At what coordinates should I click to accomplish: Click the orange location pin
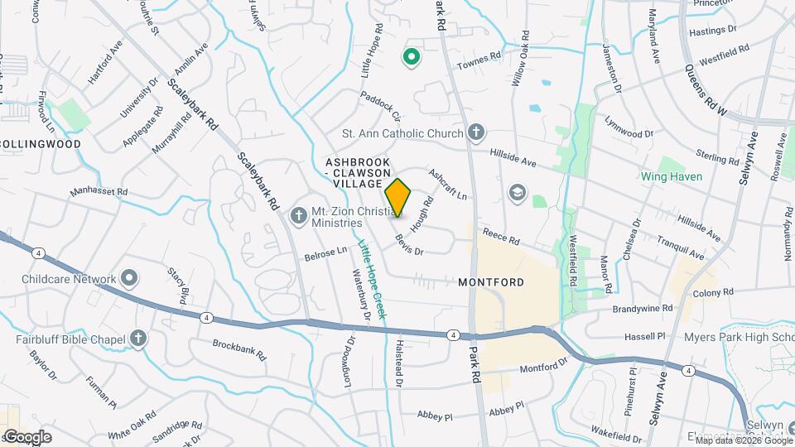click(398, 198)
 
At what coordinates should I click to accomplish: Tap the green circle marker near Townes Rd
click(410, 57)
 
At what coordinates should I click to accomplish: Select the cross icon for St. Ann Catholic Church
click(475, 132)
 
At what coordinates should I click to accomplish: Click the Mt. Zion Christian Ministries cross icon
click(299, 216)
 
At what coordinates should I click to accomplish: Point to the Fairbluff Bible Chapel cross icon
click(138, 339)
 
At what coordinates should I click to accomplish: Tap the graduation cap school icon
click(518, 192)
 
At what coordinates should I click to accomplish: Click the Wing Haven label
click(671, 176)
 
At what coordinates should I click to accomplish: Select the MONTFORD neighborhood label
click(491, 282)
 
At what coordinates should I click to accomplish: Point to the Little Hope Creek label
click(372, 281)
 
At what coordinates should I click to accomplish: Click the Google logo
click(26, 436)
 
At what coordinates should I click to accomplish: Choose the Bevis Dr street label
click(409, 245)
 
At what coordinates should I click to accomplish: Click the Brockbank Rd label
click(239, 349)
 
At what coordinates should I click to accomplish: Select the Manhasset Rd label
click(99, 191)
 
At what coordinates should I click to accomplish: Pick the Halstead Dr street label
click(398, 364)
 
